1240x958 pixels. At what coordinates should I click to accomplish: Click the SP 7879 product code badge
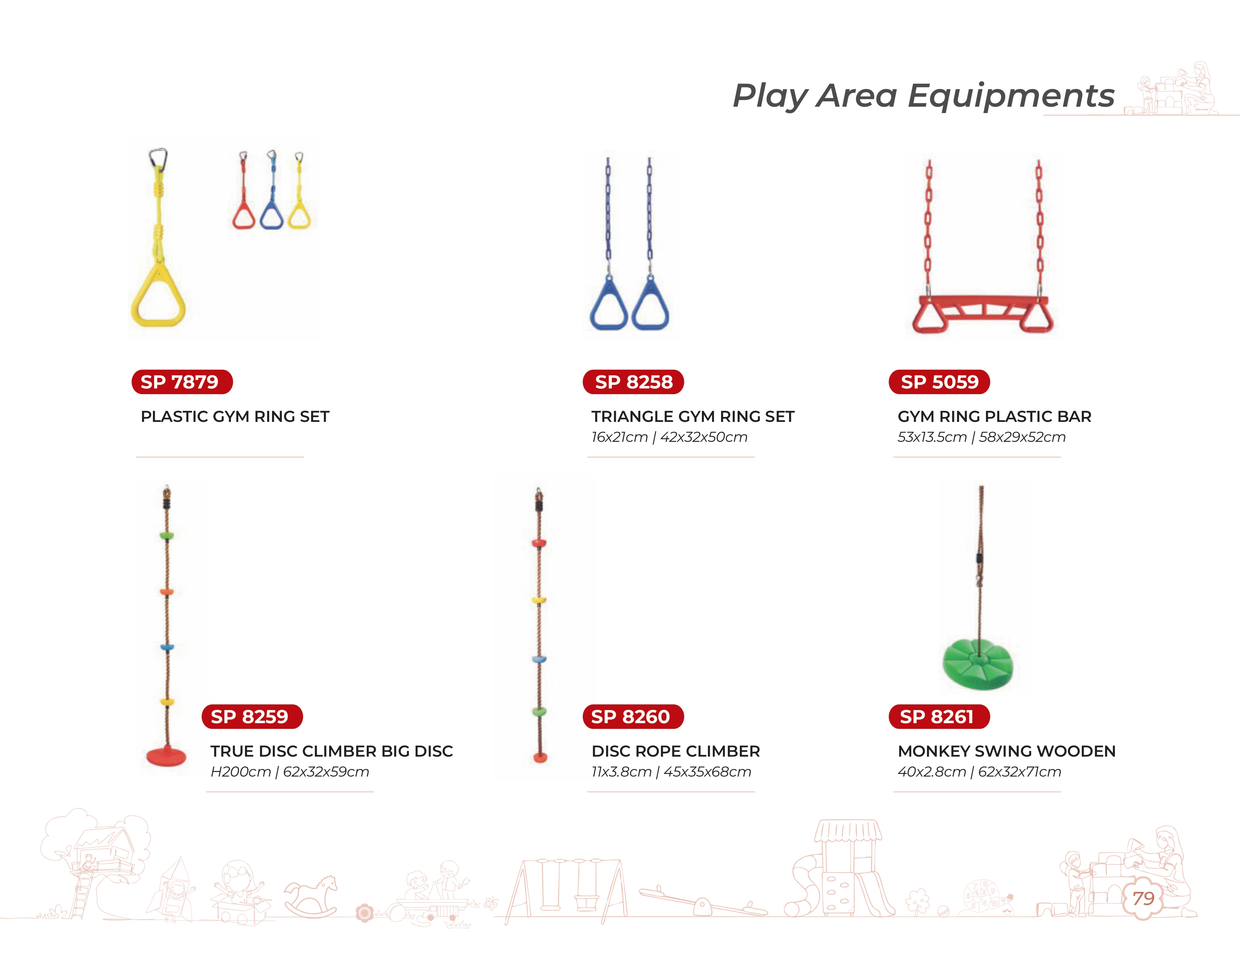coord(182,382)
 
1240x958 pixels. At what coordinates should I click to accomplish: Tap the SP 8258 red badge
coord(633,382)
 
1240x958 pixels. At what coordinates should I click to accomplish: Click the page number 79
coord(1143,898)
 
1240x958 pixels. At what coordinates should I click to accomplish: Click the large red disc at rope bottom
coord(166,756)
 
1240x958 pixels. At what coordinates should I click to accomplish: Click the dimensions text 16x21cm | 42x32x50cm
coord(669,437)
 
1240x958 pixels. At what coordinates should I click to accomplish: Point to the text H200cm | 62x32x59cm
coord(290,772)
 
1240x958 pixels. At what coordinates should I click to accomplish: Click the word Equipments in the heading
coord(1011,96)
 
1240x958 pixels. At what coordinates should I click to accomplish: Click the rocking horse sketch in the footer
coord(311,897)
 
